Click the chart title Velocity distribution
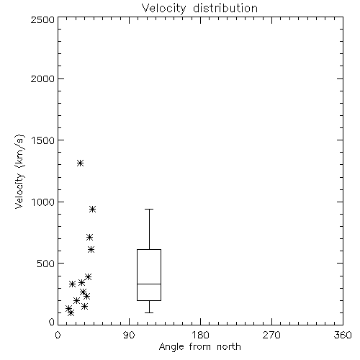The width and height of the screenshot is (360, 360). [x=199, y=9]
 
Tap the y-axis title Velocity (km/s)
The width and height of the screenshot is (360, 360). [x=19, y=171]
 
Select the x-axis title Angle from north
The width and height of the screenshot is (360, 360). [x=199, y=347]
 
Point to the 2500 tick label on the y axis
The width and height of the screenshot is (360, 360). [x=42, y=19]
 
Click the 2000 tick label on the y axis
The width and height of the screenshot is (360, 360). [x=42, y=78]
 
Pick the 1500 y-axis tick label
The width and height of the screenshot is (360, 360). [x=43, y=140]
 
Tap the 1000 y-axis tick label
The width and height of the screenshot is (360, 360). [x=43, y=202]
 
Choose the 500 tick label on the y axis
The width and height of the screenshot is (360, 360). [x=46, y=264]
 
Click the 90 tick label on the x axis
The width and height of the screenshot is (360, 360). [x=129, y=335]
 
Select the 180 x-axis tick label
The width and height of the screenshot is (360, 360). [x=200, y=335]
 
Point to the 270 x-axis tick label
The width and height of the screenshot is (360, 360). [x=271, y=335]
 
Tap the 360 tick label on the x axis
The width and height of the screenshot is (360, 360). [x=343, y=335]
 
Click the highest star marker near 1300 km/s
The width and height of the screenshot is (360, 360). [x=80, y=163]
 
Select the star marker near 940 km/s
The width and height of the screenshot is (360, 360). [x=93, y=210]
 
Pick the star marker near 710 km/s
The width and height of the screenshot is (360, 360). [x=89, y=238]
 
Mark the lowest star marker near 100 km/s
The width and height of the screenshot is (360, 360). [x=71, y=312]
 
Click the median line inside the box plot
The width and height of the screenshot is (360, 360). [x=149, y=284]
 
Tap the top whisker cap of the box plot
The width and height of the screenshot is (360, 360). [x=149, y=210]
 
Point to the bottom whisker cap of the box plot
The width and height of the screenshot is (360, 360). [x=149, y=312]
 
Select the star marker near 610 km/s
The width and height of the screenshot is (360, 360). [x=91, y=250]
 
